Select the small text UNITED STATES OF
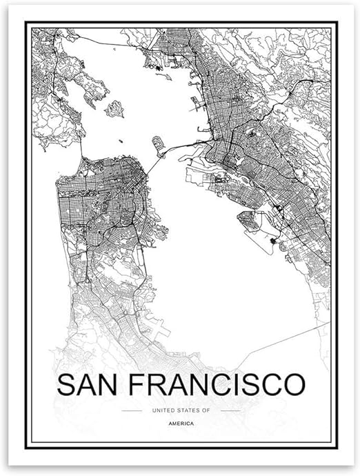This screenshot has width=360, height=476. [181, 410]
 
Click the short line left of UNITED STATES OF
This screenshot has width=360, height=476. [132, 410]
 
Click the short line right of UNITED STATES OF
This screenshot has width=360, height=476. [230, 410]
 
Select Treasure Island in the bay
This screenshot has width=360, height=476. [159, 145]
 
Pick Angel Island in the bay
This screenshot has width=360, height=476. [114, 108]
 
